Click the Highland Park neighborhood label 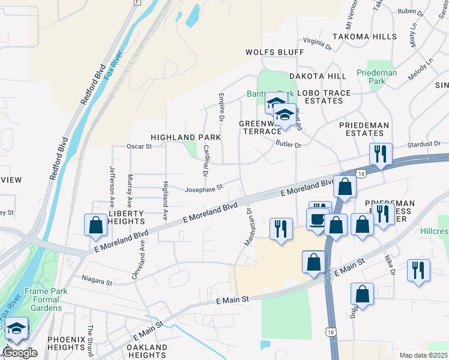click(185, 137)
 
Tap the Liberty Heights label click(126, 217)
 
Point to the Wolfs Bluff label click(274, 52)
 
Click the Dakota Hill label click(318, 76)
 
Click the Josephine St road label click(203, 187)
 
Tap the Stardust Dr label click(424, 145)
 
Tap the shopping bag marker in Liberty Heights click(96, 225)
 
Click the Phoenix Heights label click(66, 343)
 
